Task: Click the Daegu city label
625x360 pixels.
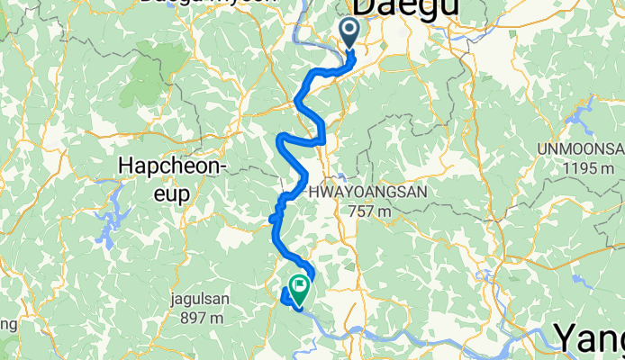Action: (408, 7)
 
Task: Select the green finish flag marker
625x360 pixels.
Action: (297, 289)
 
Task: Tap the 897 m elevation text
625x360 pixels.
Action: (202, 317)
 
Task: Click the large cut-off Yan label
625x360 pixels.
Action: (589, 339)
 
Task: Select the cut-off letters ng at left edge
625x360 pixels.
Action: (6, 323)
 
